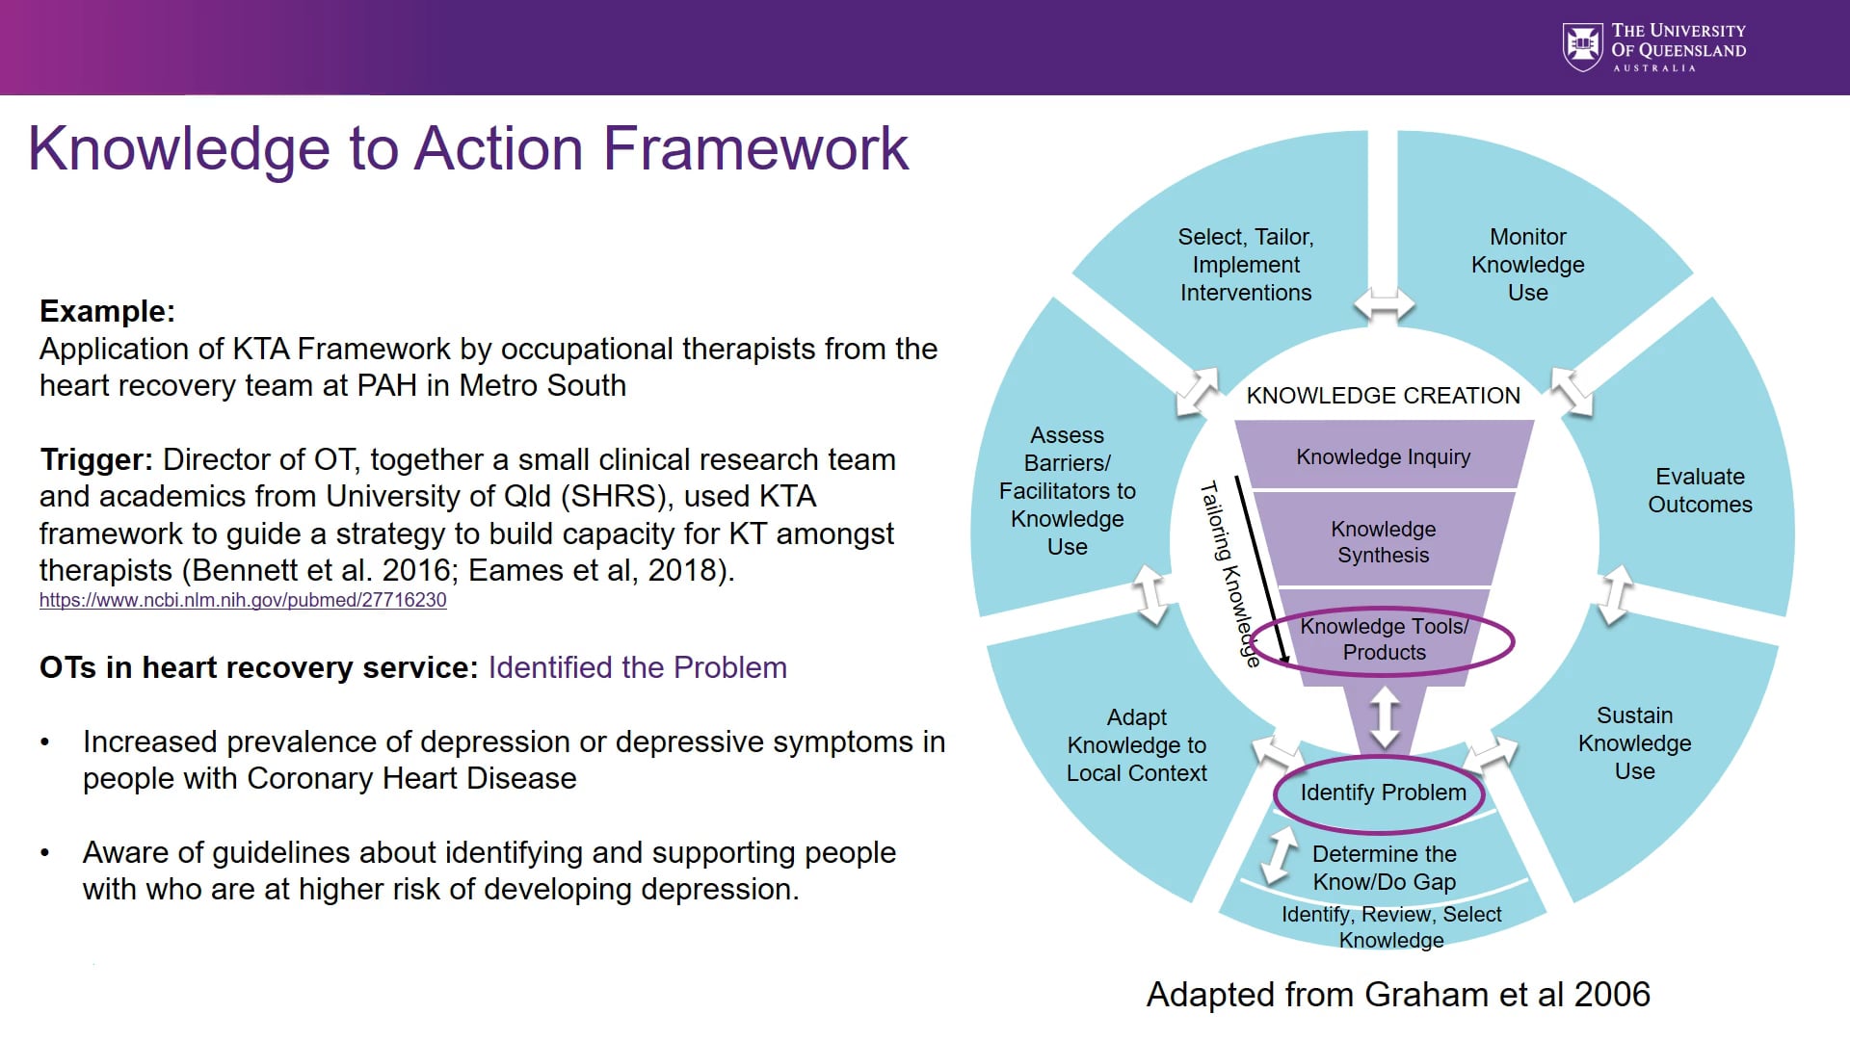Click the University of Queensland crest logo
(1582, 46)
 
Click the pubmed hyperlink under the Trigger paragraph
(243, 600)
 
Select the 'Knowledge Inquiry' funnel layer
(1383, 456)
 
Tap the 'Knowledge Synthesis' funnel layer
(1383, 542)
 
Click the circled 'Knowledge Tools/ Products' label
(1384, 639)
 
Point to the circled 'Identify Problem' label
(1383, 793)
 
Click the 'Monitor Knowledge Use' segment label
(1527, 265)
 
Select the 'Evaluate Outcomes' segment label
(1700, 490)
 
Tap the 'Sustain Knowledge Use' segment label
(1634, 743)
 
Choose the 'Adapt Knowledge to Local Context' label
(1136, 745)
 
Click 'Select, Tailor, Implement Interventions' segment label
(1246, 265)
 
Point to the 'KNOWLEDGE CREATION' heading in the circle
(1383, 396)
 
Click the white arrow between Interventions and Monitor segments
(1384, 304)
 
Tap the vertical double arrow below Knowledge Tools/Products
(1385, 717)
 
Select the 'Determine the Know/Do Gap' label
(1384, 868)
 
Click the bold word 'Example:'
(107, 311)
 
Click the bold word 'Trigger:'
(96, 459)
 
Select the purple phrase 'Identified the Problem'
(637, 667)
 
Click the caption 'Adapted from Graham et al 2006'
(1397, 994)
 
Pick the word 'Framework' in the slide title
(755, 149)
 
